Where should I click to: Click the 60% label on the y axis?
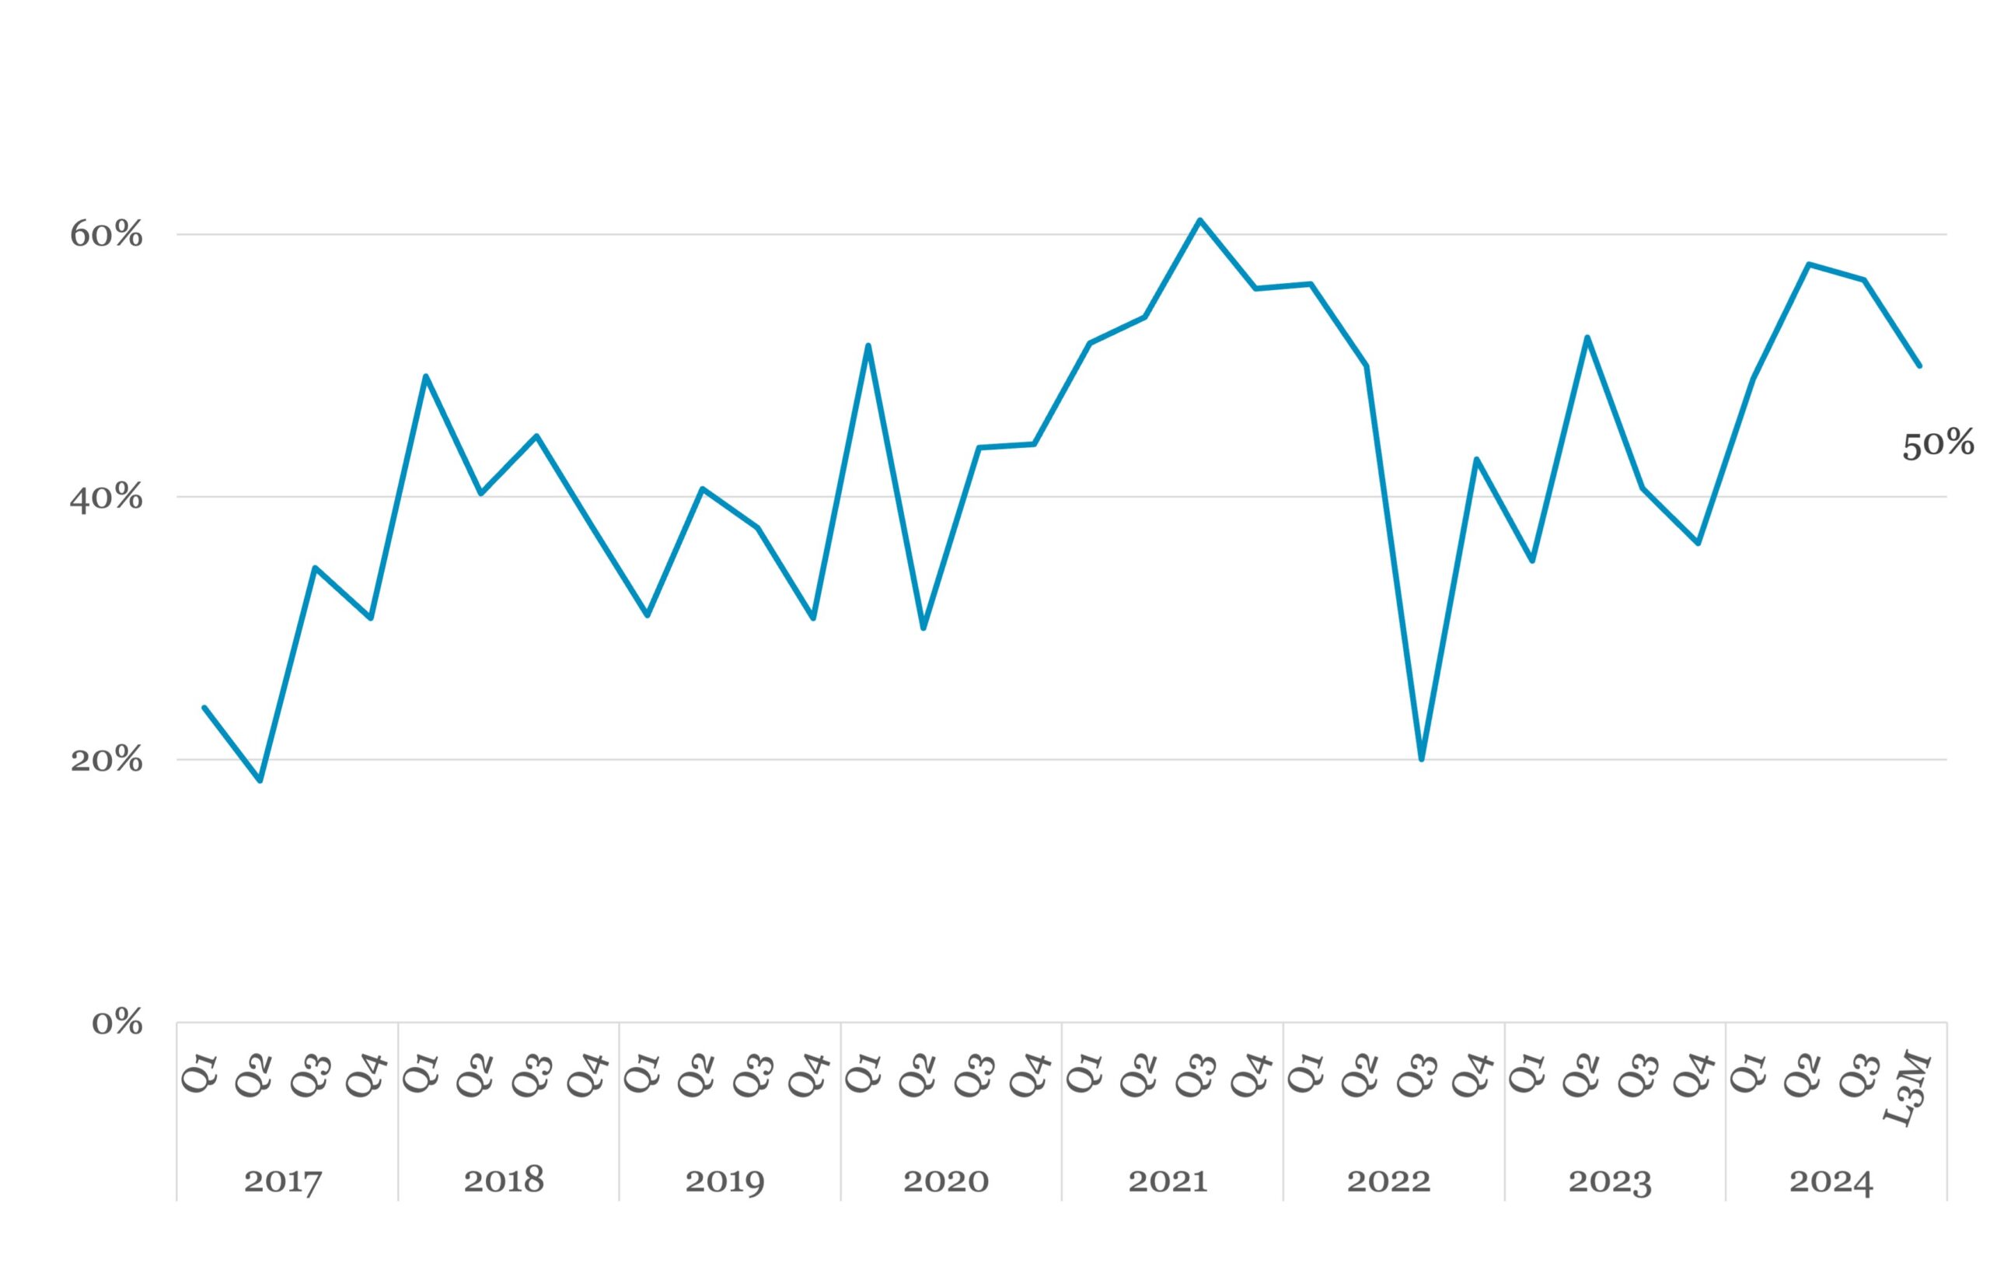pyautogui.click(x=106, y=235)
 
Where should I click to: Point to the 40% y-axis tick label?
pyautogui.click(x=106, y=498)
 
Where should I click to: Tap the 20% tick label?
pyautogui.click(x=106, y=760)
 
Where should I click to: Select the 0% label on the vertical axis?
pyautogui.click(x=117, y=1023)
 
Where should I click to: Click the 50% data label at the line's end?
pyautogui.click(x=1938, y=445)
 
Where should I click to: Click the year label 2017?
pyautogui.click(x=283, y=1181)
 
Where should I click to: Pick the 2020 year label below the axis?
pyautogui.click(x=946, y=1181)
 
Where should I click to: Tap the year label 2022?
pyautogui.click(x=1388, y=1181)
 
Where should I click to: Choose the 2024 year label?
pyautogui.click(x=1831, y=1181)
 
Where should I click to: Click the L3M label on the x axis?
pyautogui.click(x=1908, y=1088)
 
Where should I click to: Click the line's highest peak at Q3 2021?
pyautogui.click(x=1200, y=220)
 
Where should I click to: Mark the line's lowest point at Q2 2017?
pyautogui.click(x=260, y=780)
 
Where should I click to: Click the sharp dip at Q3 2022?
pyautogui.click(x=1422, y=759)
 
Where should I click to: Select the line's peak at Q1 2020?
pyautogui.click(x=868, y=345)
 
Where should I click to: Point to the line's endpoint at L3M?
pyautogui.click(x=1919, y=366)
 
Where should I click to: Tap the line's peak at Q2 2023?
pyautogui.click(x=1587, y=338)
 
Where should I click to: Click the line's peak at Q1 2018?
pyautogui.click(x=426, y=376)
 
